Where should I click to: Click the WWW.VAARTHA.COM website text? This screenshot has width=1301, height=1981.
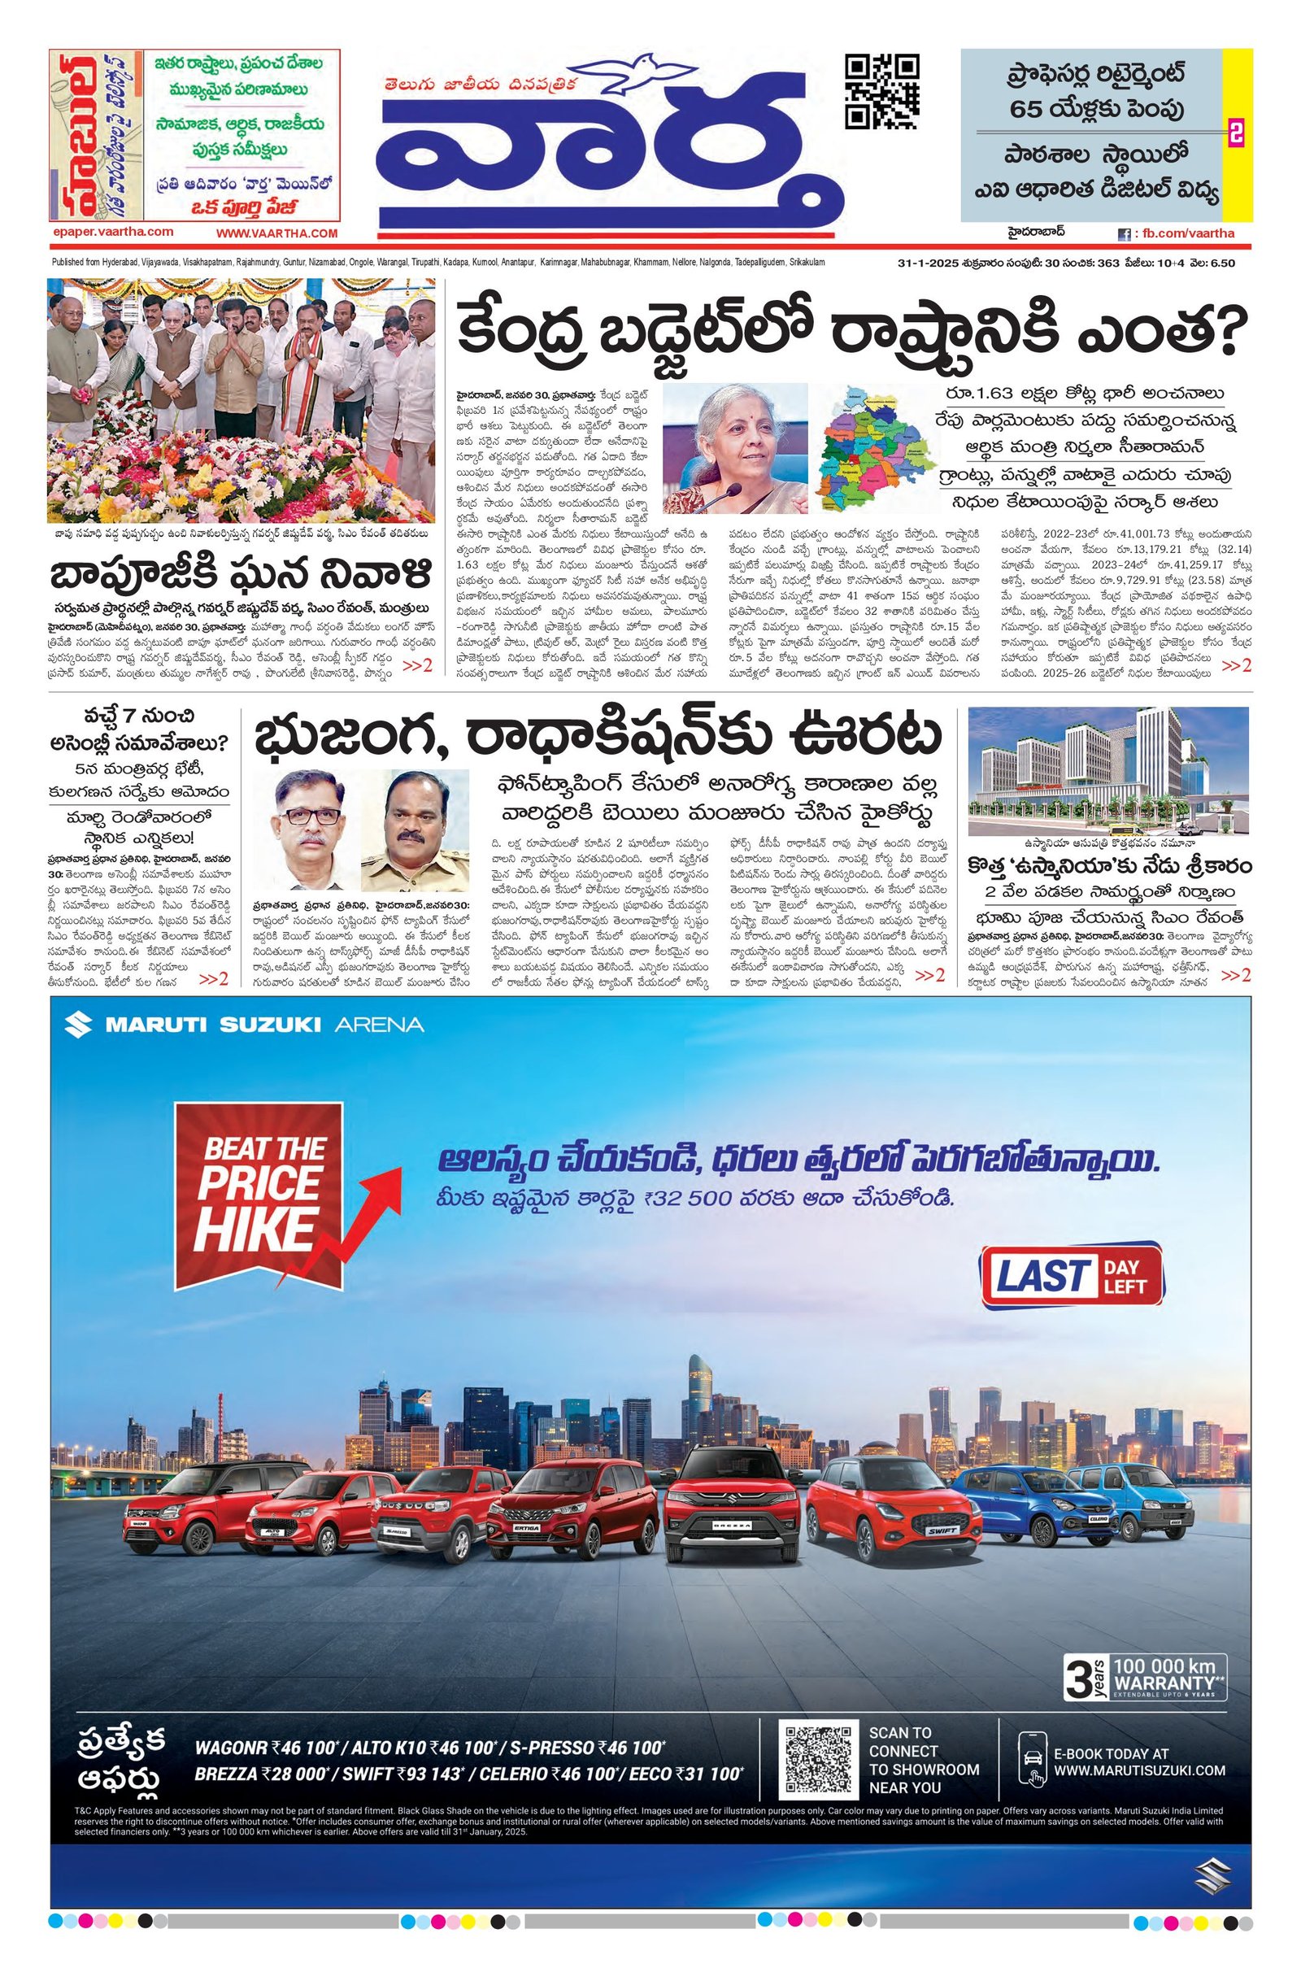277,234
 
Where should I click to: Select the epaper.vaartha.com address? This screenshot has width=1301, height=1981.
111,233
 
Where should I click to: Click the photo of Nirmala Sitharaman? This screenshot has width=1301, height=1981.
734,448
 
